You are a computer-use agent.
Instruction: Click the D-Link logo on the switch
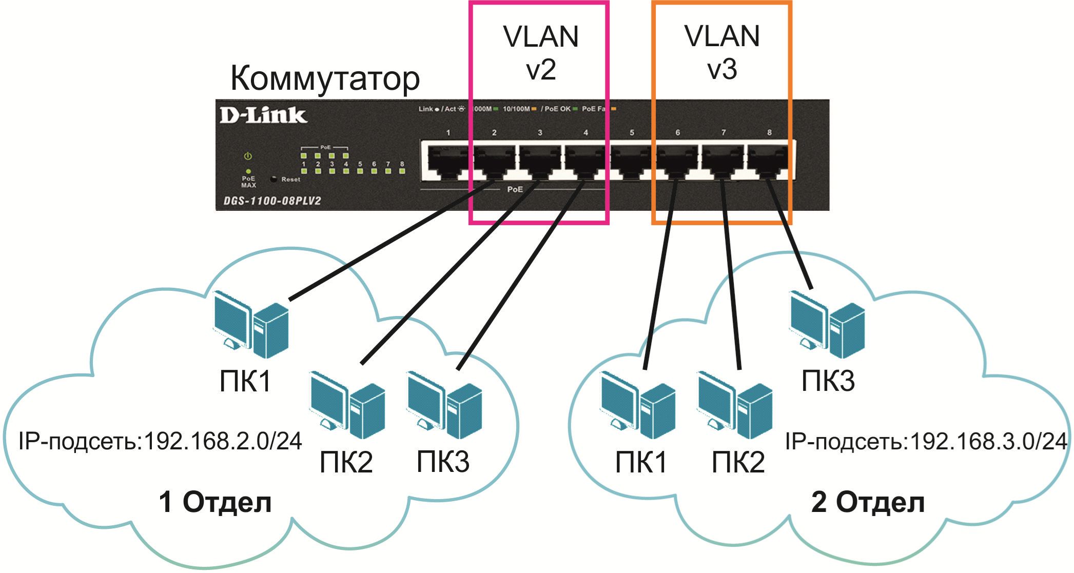pyautogui.click(x=263, y=115)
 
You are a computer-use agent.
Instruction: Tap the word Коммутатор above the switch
pyautogui.click(x=325, y=78)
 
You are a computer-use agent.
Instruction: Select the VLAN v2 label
pyautogui.click(x=541, y=53)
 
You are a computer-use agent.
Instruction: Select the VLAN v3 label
pyautogui.click(x=722, y=53)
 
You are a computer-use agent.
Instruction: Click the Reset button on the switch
pyautogui.click(x=274, y=179)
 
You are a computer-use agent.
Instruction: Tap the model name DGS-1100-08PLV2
pyautogui.click(x=272, y=201)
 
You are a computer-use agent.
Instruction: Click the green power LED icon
pyautogui.click(x=248, y=156)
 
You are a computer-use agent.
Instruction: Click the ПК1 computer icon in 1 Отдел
pyautogui.click(x=251, y=324)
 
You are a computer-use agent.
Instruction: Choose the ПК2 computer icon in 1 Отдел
pyautogui.click(x=347, y=404)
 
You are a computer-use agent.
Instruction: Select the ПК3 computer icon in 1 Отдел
pyautogui.click(x=444, y=404)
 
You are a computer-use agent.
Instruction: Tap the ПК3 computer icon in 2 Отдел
pyautogui.click(x=827, y=324)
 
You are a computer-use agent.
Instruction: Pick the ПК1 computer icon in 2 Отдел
pyautogui.click(x=638, y=404)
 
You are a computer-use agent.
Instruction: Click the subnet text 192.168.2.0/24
pyautogui.click(x=223, y=441)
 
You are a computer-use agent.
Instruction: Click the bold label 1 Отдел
pyautogui.click(x=215, y=502)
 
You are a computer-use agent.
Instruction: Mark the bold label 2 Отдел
pyautogui.click(x=868, y=502)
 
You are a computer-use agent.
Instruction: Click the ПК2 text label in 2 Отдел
pyautogui.click(x=738, y=462)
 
